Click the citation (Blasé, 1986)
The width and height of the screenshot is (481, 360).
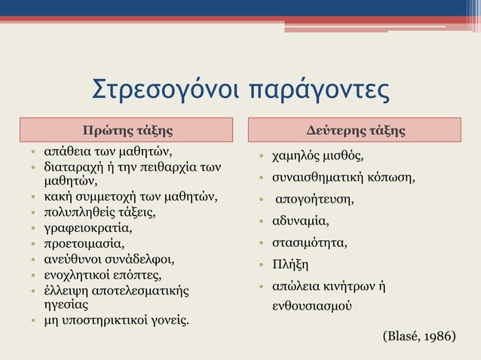pos(419,334)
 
